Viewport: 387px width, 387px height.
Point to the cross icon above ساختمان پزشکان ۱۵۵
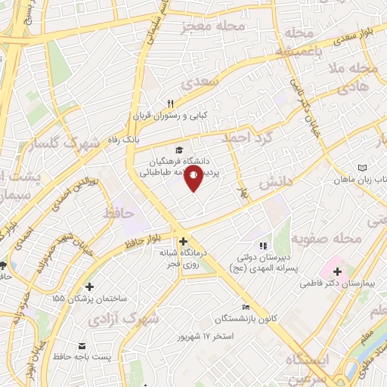[x=90, y=286]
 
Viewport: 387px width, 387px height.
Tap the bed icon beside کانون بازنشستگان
[x=245, y=307]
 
